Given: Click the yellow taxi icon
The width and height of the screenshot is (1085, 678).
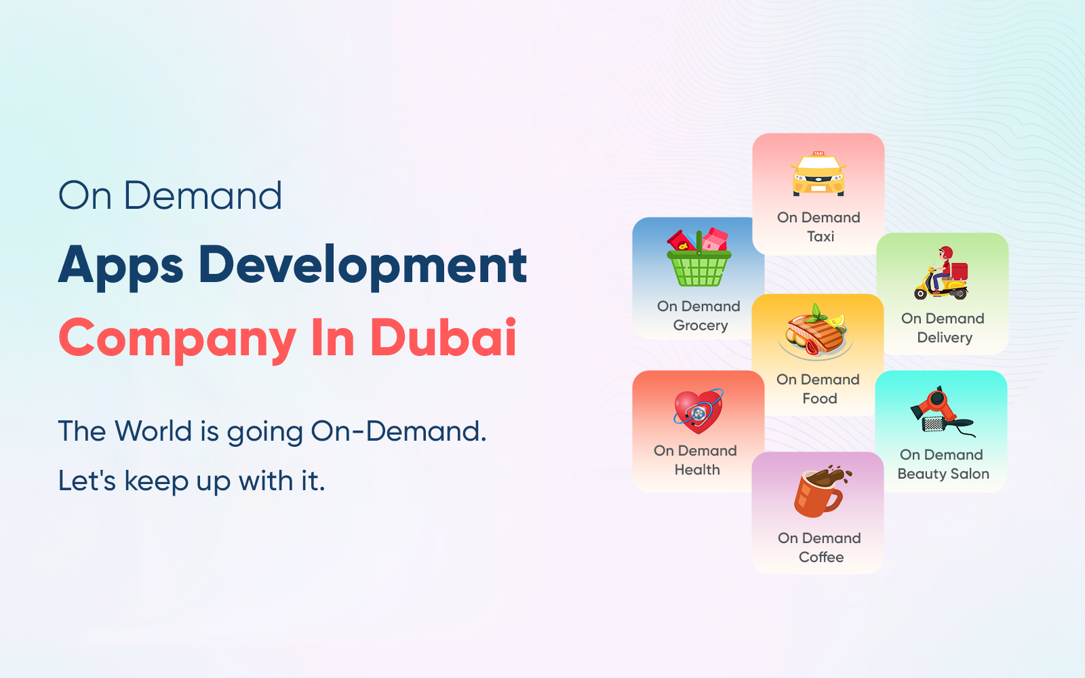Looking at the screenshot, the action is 818,174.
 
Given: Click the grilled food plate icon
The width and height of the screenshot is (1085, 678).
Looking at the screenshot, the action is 816,332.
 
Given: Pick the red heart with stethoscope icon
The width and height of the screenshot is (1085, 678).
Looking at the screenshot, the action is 698,411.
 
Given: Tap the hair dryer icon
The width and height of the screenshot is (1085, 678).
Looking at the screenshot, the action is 942,412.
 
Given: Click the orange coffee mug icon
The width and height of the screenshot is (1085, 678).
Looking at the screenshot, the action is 821,491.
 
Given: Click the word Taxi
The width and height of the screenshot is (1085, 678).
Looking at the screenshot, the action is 821,237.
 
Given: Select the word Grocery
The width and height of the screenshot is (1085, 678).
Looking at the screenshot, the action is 701,326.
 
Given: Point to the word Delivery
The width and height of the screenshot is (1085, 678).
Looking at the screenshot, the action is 945,338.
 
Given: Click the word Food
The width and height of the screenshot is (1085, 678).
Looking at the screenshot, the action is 820,399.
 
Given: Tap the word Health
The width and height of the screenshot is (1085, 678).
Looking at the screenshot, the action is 697,470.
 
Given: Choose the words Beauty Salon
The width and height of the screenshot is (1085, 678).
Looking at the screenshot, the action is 943,474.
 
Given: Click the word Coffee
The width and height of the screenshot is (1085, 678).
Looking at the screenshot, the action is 821,557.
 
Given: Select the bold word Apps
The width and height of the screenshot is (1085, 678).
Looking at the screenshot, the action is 121,267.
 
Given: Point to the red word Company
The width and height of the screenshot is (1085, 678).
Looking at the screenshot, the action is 177,340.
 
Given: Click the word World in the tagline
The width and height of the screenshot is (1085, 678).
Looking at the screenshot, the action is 153,431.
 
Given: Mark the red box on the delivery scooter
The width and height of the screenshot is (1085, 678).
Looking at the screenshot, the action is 959,271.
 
